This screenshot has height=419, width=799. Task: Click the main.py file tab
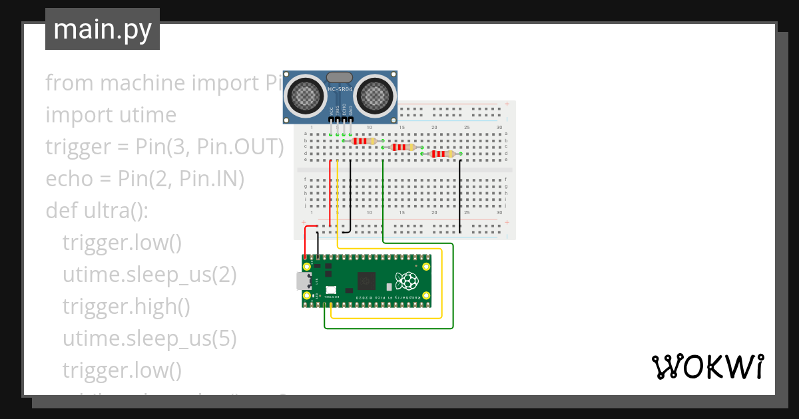click(x=102, y=30)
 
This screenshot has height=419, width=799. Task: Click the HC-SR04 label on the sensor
click(x=340, y=88)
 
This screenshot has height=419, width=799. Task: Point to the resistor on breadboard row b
click(x=364, y=141)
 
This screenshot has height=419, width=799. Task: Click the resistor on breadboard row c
click(x=403, y=148)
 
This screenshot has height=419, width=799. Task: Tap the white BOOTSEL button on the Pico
click(x=331, y=289)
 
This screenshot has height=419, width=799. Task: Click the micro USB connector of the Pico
click(x=303, y=281)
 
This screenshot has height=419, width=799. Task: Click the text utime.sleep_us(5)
click(x=149, y=339)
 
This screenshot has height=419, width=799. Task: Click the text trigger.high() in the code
click(x=126, y=307)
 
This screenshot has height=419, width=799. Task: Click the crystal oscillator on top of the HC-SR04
click(x=340, y=77)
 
